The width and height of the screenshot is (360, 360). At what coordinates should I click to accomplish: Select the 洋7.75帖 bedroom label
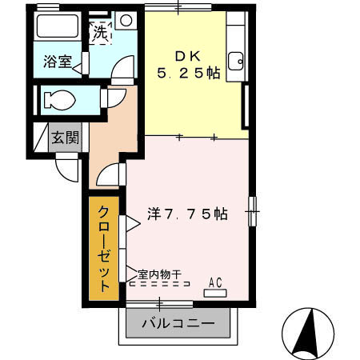[x=188, y=214]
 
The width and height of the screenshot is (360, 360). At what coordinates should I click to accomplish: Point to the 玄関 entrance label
[x=65, y=138]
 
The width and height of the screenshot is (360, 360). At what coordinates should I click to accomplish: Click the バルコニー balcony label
[x=178, y=325]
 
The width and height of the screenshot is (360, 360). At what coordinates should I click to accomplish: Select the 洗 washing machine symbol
[x=100, y=34]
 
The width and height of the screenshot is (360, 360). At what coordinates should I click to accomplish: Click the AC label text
[x=214, y=281]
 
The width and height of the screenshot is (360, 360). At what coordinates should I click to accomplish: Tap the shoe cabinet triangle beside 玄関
[x=41, y=138]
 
